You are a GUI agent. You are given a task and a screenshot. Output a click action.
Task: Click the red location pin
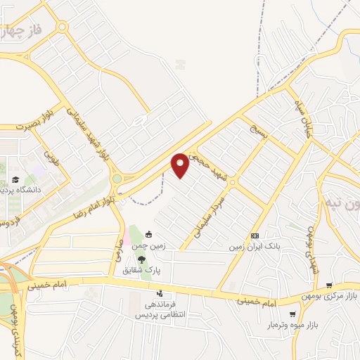181,165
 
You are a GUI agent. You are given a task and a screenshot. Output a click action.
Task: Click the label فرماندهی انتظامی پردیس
161,310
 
